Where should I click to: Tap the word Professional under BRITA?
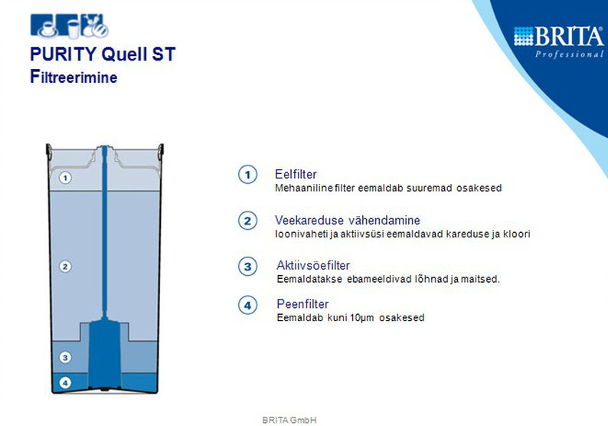coord(570,54)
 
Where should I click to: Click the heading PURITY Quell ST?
coord(103,54)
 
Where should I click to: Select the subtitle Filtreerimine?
coord(74,77)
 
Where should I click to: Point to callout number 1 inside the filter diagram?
coord(65,178)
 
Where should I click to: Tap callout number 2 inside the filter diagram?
coord(65,267)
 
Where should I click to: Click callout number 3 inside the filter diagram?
coord(65,357)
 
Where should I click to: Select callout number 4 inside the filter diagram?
coord(65,383)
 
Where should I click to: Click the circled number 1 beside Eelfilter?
coord(248,175)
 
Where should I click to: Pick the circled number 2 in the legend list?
coord(248,221)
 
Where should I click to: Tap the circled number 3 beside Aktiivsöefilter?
coord(248,267)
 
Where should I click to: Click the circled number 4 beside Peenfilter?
coord(248,305)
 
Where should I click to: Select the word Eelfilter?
coord(296,174)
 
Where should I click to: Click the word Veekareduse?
coord(309,221)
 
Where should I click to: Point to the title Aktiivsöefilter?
coord(313,265)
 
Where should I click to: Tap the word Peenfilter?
coord(302,303)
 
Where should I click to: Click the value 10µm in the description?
coord(361,318)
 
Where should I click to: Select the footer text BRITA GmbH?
coord(289,420)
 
